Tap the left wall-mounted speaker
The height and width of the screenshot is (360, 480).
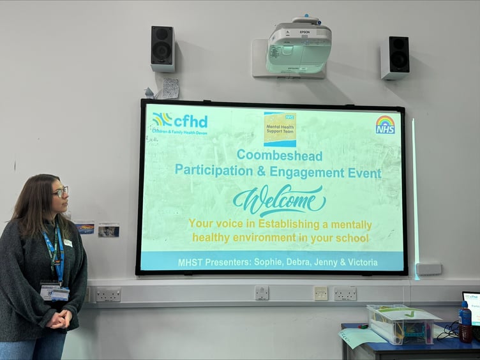click(x=163, y=49)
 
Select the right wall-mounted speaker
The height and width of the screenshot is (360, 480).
click(x=394, y=57)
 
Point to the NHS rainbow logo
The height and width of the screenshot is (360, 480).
click(x=385, y=124)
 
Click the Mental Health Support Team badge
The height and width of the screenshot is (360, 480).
click(x=280, y=130)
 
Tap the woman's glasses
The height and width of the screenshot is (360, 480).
click(x=61, y=191)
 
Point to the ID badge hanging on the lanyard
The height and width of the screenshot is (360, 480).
click(x=56, y=292)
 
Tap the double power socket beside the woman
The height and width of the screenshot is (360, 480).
click(x=109, y=294)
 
